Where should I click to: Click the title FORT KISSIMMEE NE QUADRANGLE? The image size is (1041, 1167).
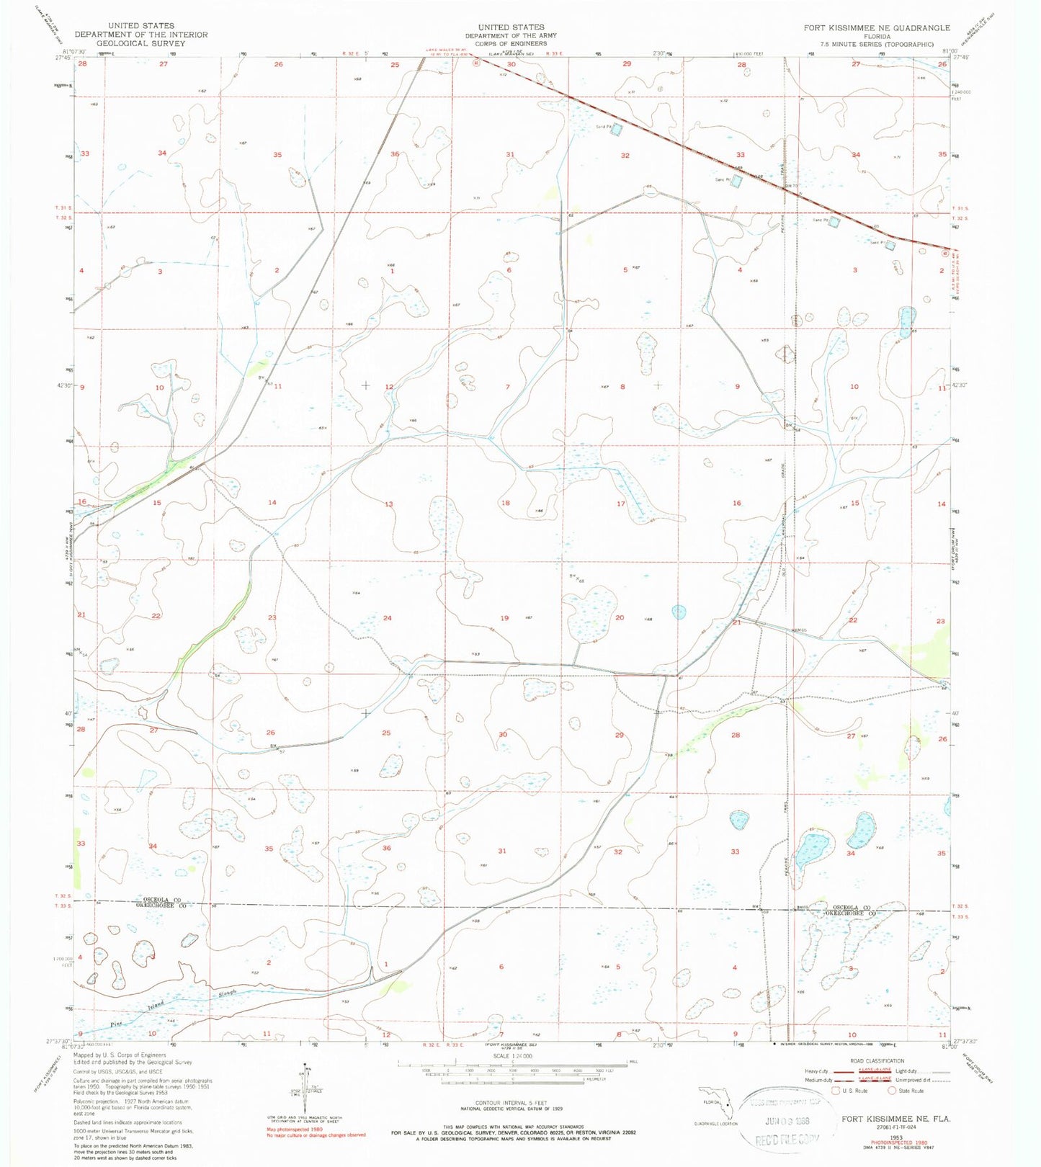tap(877, 28)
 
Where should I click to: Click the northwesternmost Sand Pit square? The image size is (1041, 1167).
tap(617, 130)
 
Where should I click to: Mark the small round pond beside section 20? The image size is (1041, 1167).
tap(679, 612)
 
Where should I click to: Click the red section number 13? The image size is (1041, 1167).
tap(389, 504)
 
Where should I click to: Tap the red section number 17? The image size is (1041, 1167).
tap(620, 504)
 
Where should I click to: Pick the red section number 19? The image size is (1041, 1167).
tap(504, 618)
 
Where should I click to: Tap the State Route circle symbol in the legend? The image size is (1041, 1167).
tap(893, 1091)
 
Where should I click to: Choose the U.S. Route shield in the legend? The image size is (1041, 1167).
tap(836, 1091)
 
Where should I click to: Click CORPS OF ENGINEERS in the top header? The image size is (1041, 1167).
tap(511, 43)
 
